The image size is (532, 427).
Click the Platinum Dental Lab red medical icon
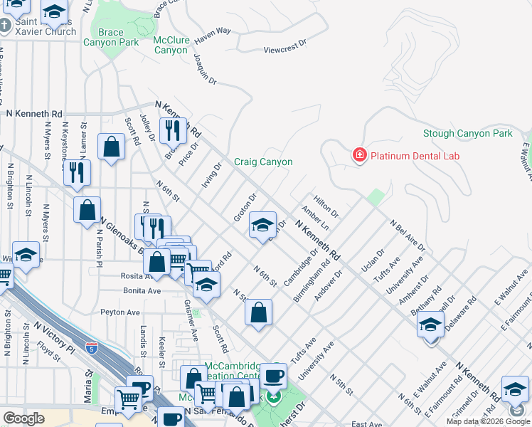click(x=359, y=155)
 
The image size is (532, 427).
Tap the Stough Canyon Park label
click(x=467, y=134)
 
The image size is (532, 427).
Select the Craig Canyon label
click(x=263, y=162)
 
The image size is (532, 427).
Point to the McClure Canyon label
click(x=171, y=45)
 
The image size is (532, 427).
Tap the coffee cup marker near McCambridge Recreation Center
click(x=273, y=374)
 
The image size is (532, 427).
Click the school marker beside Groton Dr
click(x=262, y=226)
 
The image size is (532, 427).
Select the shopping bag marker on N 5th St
click(x=259, y=312)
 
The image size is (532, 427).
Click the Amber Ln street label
click(x=315, y=218)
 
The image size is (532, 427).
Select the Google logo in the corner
click(x=24, y=418)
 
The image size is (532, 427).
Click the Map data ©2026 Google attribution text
click(x=488, y=421)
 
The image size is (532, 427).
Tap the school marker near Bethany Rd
click(x=430, y=327)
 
